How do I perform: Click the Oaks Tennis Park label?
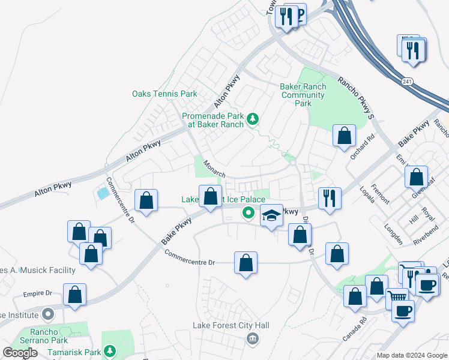164,94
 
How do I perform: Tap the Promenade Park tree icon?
253,118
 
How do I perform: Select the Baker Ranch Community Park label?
303,95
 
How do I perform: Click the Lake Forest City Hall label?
231,326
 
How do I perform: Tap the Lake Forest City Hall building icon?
252,339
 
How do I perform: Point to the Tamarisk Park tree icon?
109,350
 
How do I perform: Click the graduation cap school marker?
271,215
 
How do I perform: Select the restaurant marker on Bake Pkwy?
330,198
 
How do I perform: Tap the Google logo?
20,353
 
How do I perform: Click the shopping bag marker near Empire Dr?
74,295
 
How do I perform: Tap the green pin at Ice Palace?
247,212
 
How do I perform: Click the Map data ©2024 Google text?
412,355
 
